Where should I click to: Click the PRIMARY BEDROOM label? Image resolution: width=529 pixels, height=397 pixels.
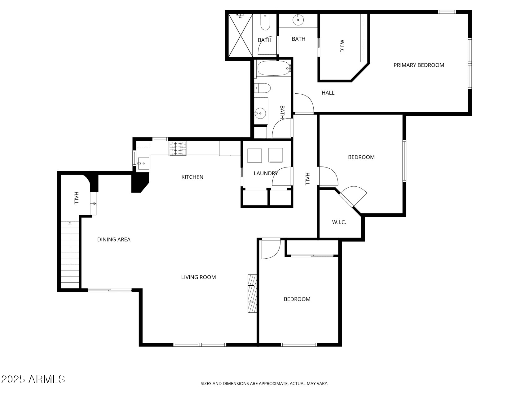coord(419,65)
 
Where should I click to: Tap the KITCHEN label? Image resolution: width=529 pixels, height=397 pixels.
coord(192,177)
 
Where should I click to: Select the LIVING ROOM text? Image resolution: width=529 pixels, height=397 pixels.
coord(198,277)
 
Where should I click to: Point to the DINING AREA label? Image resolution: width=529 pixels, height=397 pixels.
coord(114,239)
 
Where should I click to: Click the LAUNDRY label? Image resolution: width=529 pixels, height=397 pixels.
coord(266,173)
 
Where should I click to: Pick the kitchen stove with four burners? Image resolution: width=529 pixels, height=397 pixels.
coord(178,149)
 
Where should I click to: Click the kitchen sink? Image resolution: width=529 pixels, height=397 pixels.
coord(143,163)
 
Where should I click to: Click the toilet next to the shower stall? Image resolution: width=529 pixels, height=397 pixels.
coord(265,22)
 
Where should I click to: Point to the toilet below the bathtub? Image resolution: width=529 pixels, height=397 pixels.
coord(262,88)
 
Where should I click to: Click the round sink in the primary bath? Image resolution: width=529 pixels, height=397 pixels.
coord(298,20)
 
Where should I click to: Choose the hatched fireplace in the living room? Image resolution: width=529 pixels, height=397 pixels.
coord(252,293)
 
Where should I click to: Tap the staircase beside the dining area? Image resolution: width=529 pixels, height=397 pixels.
coord(70,255)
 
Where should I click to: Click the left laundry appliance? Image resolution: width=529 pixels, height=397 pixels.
coord(255,155)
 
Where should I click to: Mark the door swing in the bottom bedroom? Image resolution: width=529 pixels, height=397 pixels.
coord(271,249)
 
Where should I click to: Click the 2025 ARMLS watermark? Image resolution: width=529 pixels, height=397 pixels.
coord(33,379)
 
